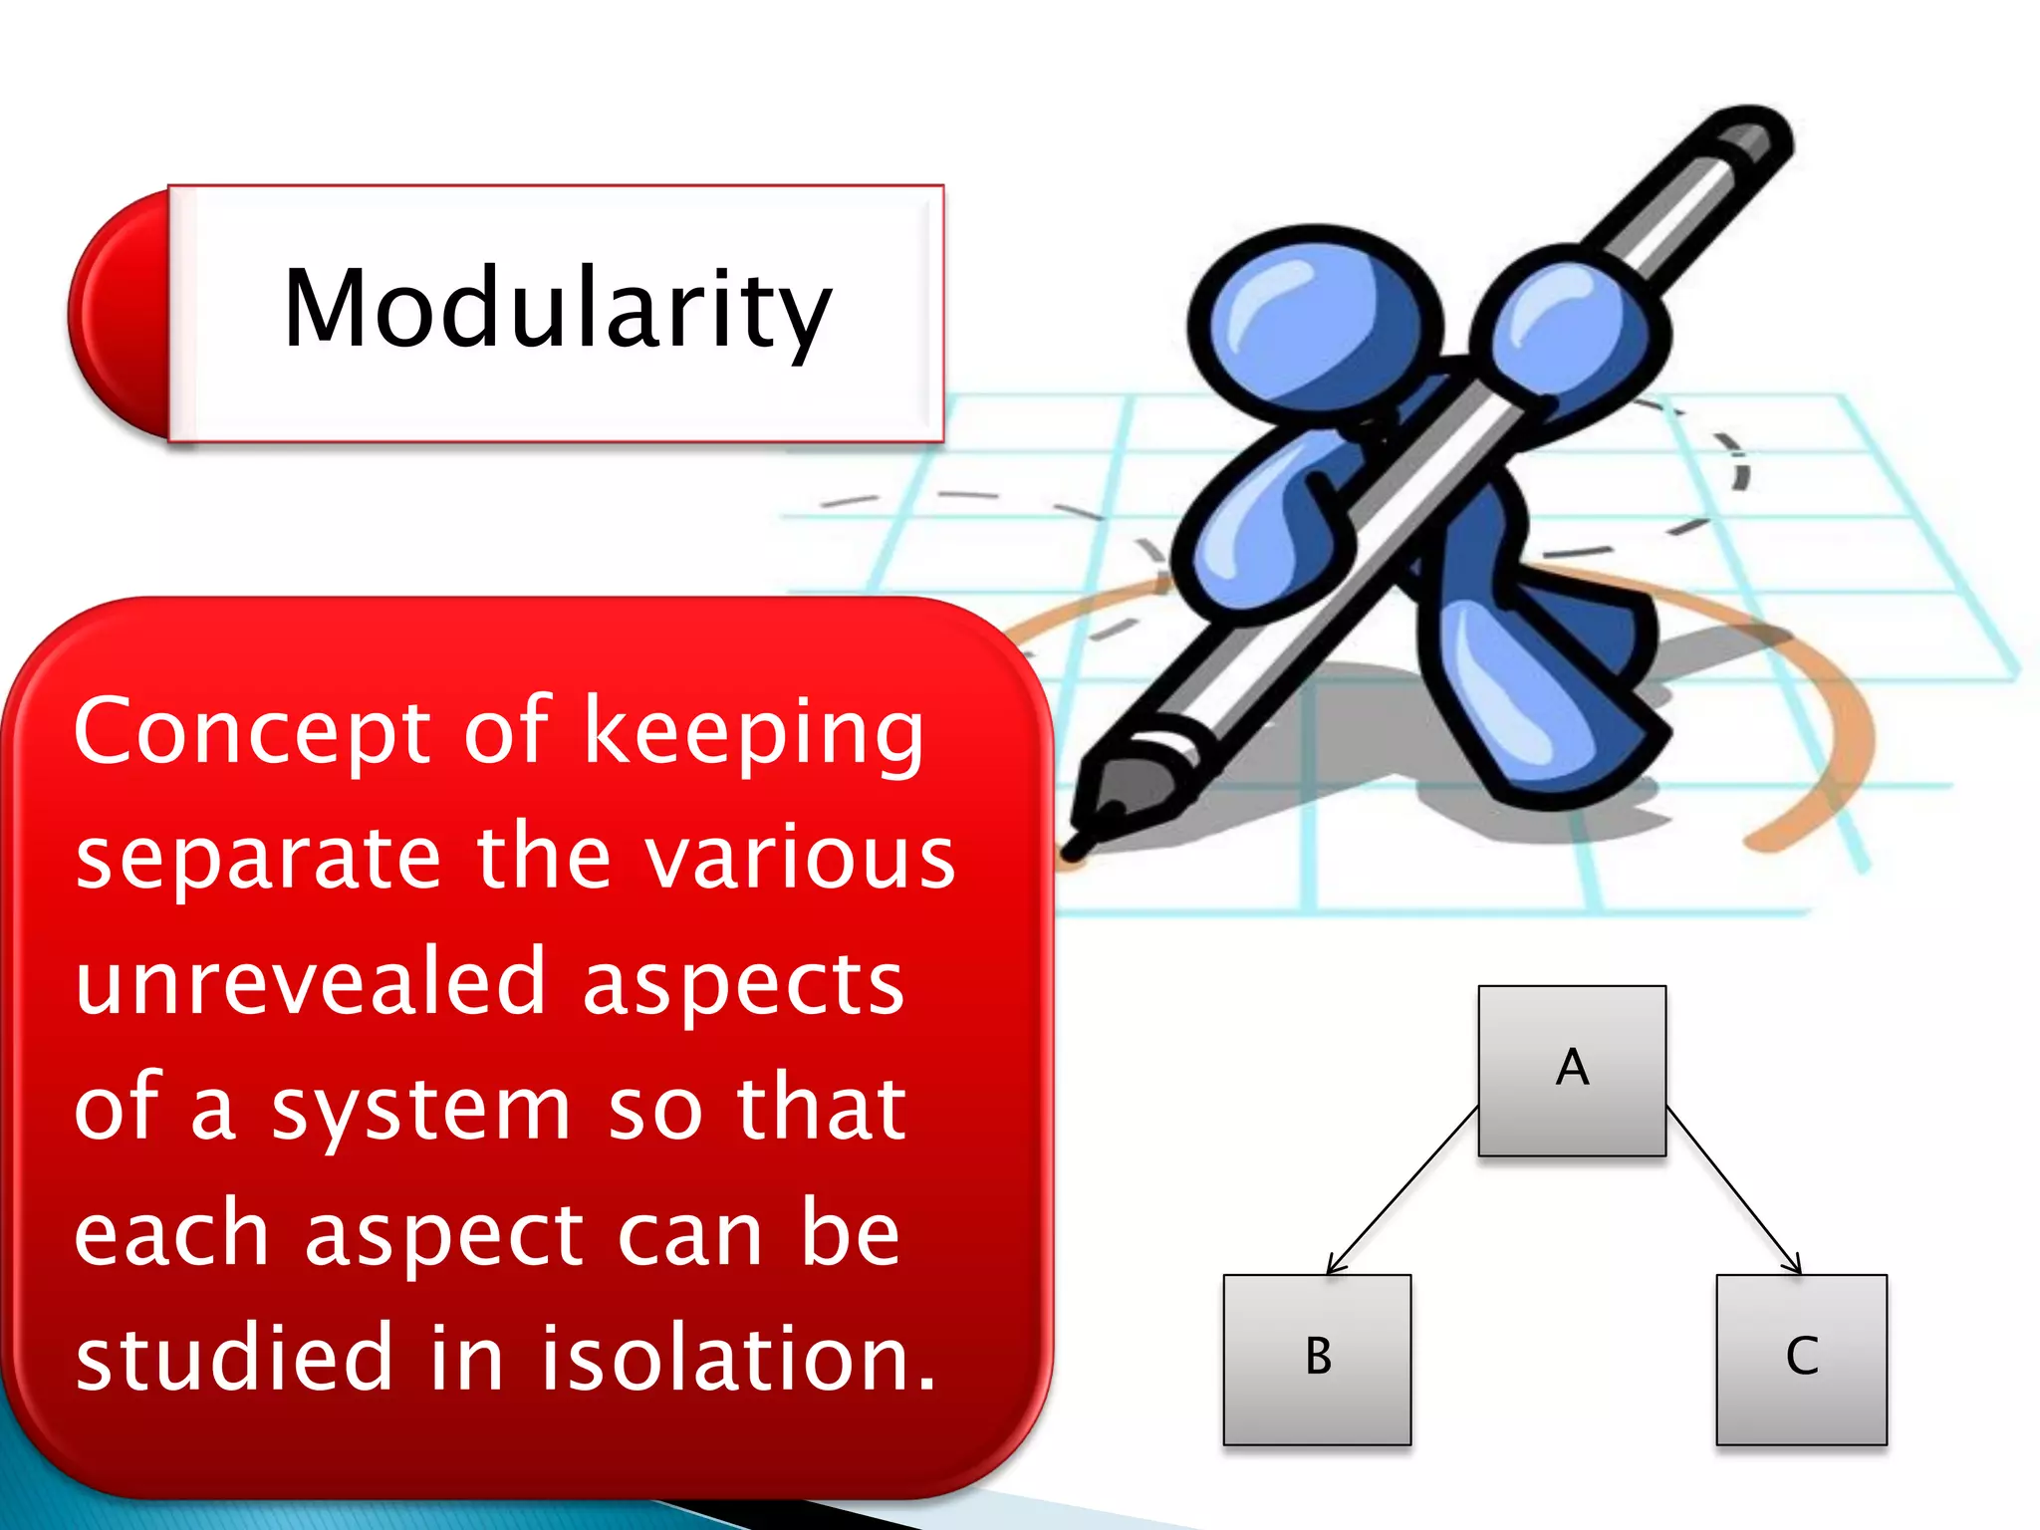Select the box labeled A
(1571, 1070)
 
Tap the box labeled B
(1317, 1359)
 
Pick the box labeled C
(1801, 1359)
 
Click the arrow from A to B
(1402, 1190)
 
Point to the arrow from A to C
(1733, 1190)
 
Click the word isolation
(738, 1359)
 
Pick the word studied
(235, 1359)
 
